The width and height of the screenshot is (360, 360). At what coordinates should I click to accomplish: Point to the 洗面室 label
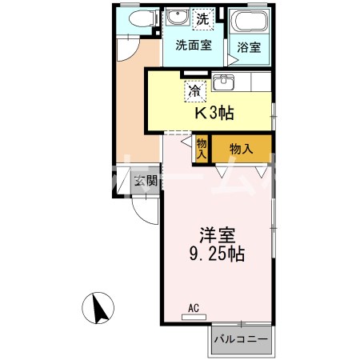coord(194,46)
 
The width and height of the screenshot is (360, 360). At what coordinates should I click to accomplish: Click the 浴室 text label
coord(248,47)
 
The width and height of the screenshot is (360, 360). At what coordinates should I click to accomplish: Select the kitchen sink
coord(223,82)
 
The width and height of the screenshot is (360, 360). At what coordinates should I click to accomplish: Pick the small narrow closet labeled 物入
coord(202,148)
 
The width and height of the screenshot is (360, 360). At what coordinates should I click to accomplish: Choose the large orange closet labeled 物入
coord(242,149)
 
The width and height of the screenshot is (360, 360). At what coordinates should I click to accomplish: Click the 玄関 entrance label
coord(146,180)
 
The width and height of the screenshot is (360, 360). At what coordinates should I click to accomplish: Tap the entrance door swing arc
coord(142,210)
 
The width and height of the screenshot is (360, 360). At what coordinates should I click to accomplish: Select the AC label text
coord(194,306)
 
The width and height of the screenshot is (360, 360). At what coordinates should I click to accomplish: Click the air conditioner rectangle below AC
coord(194,317)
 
